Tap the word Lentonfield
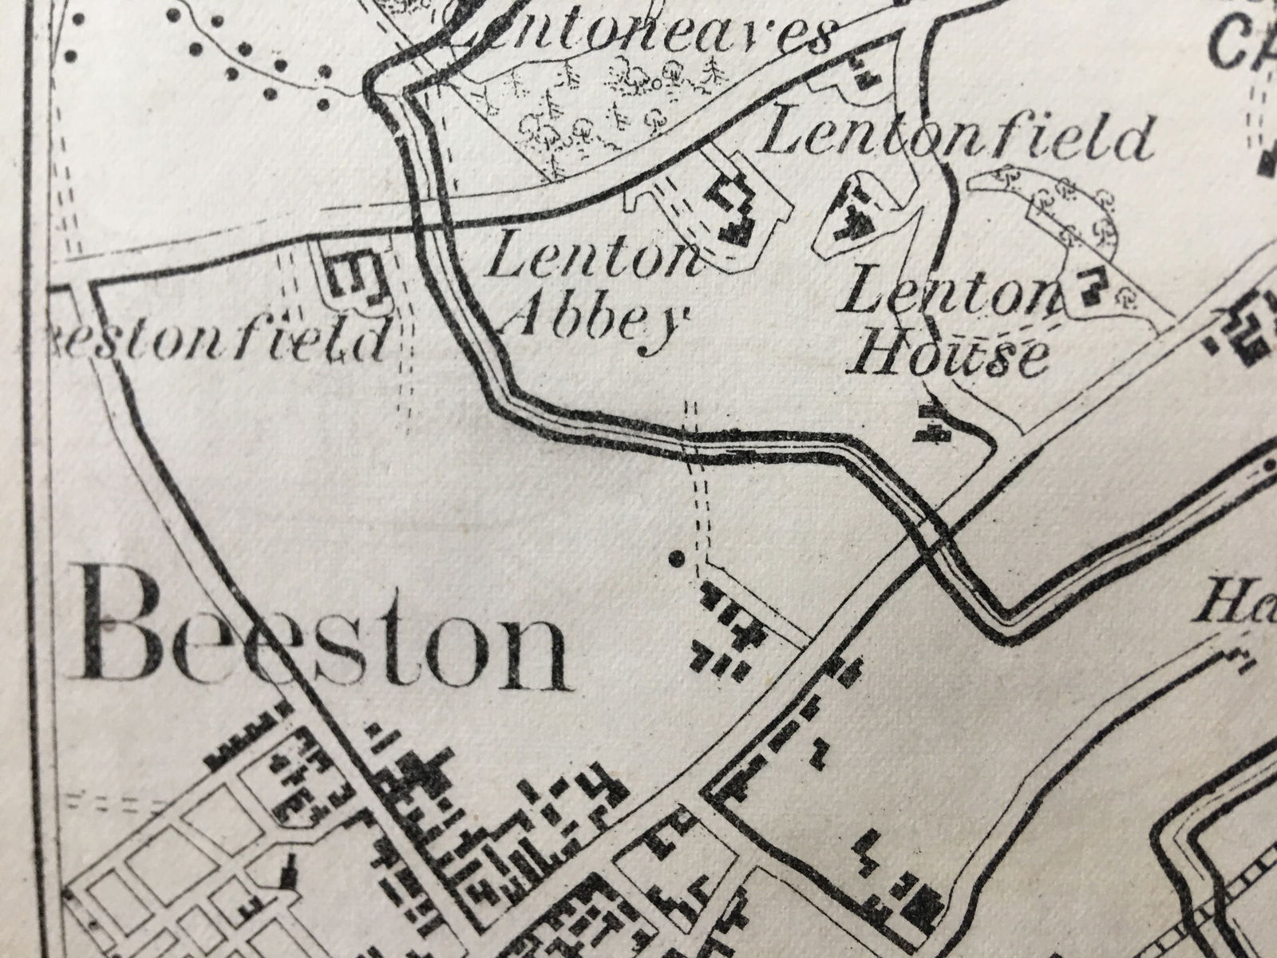point(958,137)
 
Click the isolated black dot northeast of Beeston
point(678,557)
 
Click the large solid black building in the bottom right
point(926,898)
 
